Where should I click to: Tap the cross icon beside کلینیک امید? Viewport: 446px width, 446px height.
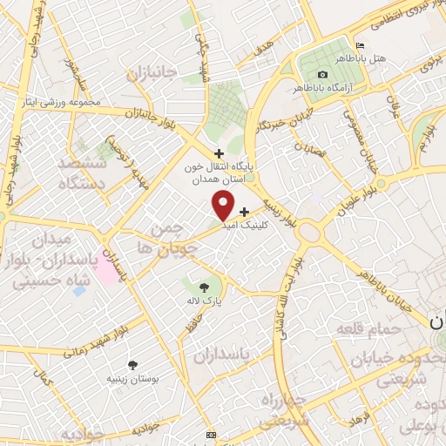[244, 211]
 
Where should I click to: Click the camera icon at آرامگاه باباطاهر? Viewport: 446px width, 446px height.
[323, 75]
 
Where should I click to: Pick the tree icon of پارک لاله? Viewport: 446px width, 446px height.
[204, 286]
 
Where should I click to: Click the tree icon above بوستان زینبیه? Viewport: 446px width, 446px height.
[132, 366]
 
